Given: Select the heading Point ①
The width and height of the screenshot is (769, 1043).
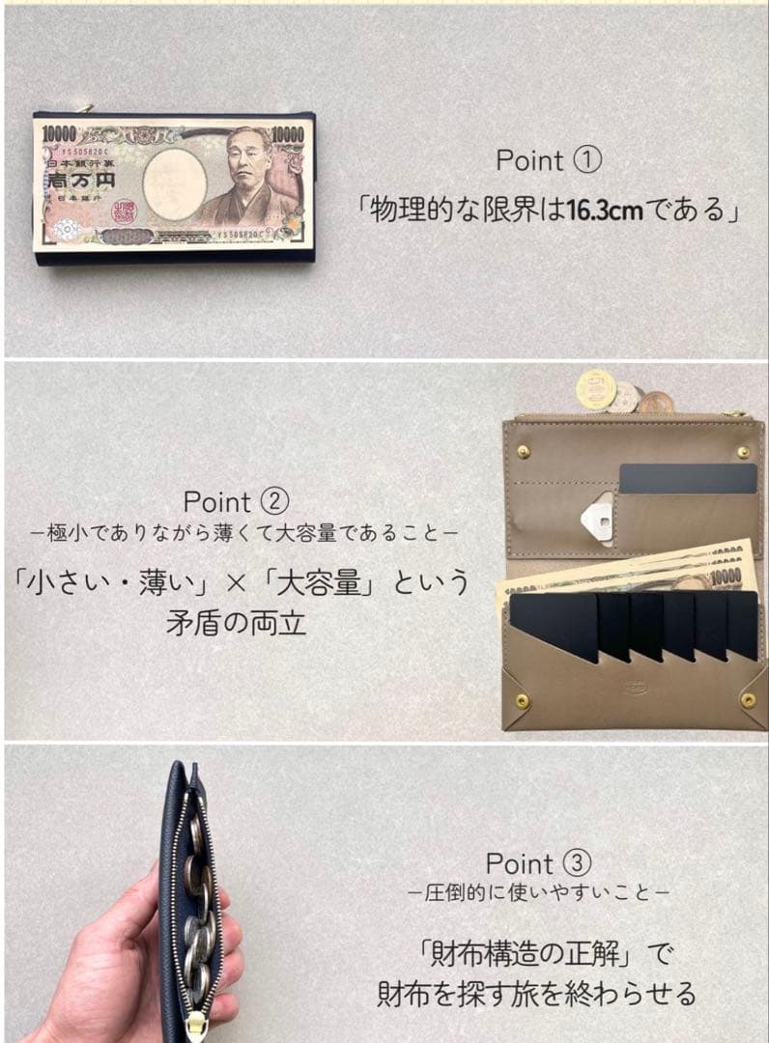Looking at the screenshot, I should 548,160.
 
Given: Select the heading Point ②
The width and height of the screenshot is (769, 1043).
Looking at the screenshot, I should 236,502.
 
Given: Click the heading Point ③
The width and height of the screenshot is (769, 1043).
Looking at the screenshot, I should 537,863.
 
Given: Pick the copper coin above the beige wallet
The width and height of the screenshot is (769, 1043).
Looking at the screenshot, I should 655,403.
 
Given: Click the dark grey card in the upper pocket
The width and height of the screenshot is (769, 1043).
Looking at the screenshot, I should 687,479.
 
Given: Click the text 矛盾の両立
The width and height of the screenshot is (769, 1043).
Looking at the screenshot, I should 236,622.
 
